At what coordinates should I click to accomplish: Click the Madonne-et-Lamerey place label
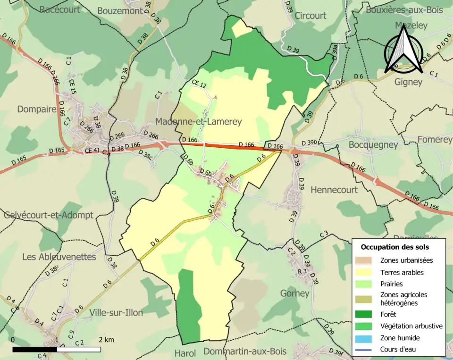coord(198,122)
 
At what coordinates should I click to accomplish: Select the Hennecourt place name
coord(334,190)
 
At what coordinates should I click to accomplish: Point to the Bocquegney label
coord(373,145)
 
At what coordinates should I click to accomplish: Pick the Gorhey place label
coord(294,293)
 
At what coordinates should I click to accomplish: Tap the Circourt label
coord(310,16)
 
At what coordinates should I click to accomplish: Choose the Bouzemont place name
coord(120,11)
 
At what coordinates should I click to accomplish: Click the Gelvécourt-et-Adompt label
coord(49,215)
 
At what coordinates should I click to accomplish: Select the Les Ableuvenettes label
coord(59,257)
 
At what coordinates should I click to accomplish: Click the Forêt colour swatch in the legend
coord(366,314)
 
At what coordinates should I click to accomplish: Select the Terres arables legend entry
coord(402,272)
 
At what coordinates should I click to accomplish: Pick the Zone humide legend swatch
coord(366,338)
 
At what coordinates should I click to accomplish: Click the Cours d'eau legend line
coord(366,350)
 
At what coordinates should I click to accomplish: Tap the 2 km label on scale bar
coord(106,340)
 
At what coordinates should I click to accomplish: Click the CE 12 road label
coord(199,84)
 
